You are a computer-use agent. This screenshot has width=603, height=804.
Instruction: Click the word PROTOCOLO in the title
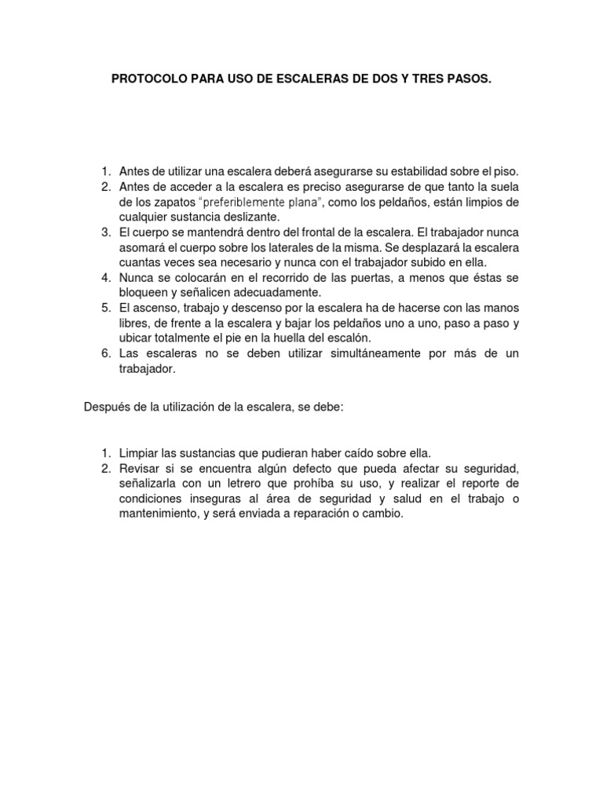(x=144, y=79)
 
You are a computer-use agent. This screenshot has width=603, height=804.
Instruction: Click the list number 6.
(x=105, y=354)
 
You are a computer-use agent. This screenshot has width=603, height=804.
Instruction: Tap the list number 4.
(x=105, y=278)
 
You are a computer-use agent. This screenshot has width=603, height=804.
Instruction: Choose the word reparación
(x=316, y=514)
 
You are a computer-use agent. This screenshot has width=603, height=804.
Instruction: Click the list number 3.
(x=105, y=232)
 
